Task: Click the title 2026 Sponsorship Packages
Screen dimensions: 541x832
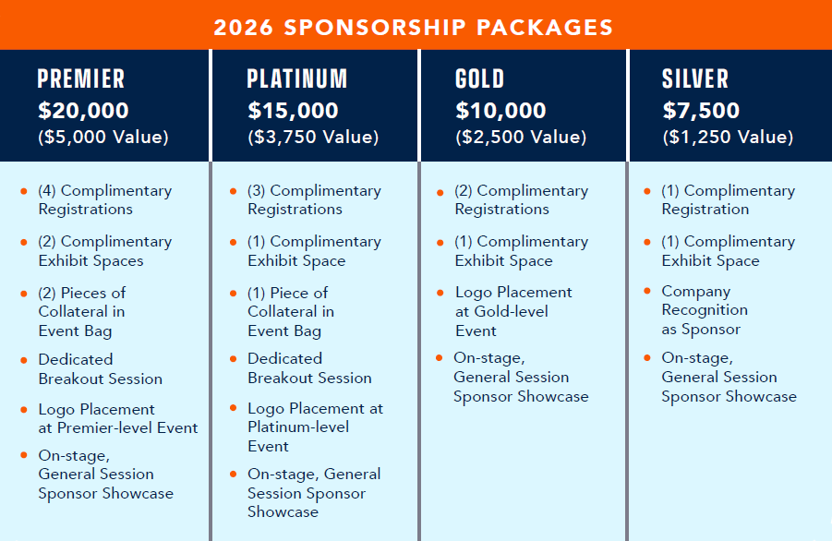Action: tap(414, 26)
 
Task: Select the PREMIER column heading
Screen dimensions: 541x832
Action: tap(81, 79)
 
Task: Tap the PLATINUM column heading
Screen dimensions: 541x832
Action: tap(296, 79)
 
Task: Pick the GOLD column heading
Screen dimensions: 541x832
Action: tap(480, 79)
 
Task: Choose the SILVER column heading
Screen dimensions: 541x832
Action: tap(695, 79)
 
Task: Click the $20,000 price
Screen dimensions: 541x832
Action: tap(83, 111)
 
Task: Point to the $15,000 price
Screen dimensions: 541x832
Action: tap(293, 111)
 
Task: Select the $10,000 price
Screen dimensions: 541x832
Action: tap(501, 111)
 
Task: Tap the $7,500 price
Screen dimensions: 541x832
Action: tap(701, 111)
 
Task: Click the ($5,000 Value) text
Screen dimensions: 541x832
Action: tap(103, 138)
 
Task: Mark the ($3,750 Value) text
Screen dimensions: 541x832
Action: tap(313, 138)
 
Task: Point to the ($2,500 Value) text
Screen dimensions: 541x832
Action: tap(521, 138)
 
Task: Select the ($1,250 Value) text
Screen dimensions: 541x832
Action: tap(728, 138)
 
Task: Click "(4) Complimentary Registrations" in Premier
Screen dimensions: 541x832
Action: tap(104, 199)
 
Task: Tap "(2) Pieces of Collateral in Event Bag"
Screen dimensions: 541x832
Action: tap(82, 311)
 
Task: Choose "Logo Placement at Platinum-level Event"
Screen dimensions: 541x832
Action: tap(314, 427)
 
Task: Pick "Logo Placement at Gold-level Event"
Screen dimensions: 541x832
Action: tap(512, 311)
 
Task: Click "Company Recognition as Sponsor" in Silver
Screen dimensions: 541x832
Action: tap(704, 310)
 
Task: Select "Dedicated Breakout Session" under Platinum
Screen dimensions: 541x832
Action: tap(309, 367)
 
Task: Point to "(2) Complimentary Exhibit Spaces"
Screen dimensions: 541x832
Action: tap(104, 250)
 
